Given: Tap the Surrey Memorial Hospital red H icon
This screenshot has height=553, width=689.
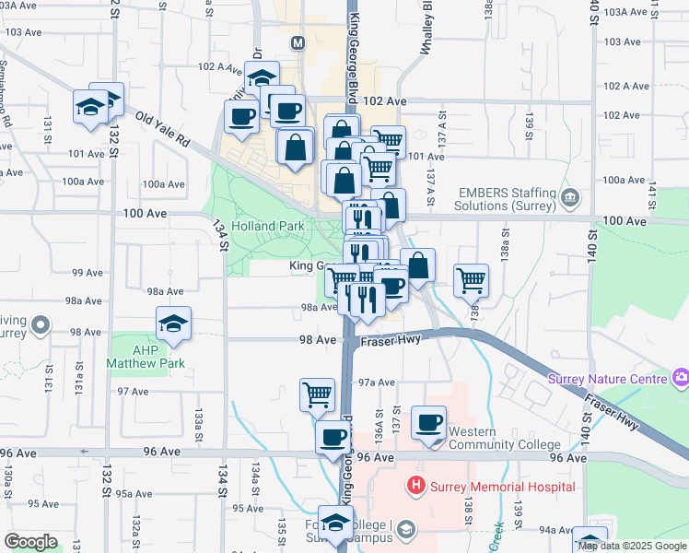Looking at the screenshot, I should tap(416, 485).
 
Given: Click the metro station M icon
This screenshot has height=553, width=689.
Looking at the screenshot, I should tap(298, 43).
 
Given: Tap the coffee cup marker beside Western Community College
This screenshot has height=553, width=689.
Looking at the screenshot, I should tap(428, 423).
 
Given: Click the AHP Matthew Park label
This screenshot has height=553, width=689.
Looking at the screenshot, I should tap(146, 356).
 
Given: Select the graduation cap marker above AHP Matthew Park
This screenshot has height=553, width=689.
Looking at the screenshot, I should tap(173, 324).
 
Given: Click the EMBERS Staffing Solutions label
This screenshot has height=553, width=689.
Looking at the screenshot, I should tap(504, 197).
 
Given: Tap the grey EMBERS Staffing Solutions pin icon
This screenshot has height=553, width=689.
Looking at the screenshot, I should tap(570, 197).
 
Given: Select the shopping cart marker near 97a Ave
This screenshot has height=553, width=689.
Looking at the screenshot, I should tap(317, 394).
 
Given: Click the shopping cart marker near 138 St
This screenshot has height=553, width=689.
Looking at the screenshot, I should tap(472, 279).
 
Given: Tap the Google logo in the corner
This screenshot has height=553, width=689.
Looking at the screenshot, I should tap(30, 542).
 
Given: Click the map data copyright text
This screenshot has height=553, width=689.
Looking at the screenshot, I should tap(633, 546).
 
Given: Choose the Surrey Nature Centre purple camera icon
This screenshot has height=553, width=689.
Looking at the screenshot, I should tap(681, 376).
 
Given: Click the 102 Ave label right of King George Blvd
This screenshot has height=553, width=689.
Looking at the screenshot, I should tap(385, 100).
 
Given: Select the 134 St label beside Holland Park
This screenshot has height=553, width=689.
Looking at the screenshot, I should tap(221, 235).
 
